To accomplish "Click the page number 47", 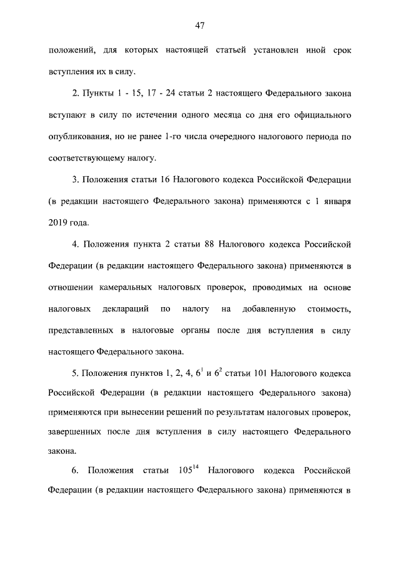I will point(200,26).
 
